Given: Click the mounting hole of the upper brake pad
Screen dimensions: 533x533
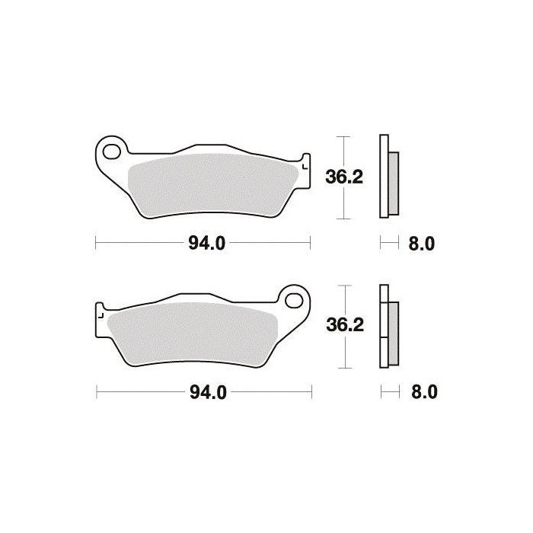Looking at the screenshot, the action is [x=111, y=152].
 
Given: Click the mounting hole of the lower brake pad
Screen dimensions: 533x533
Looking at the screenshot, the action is [x=294, y=301].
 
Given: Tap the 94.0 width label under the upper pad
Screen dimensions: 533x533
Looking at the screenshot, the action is [x=206, y=244].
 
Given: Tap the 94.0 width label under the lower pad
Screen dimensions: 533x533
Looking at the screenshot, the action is [x=208, y=393].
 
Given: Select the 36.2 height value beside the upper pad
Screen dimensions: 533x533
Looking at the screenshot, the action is [x=344, y=177].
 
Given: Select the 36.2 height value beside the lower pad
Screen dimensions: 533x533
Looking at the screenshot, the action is [x=345, y=325].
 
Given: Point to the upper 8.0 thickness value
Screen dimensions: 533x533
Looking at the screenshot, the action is [x=422, y=244].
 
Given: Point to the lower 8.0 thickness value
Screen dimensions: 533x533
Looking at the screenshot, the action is [x=424, y=392].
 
